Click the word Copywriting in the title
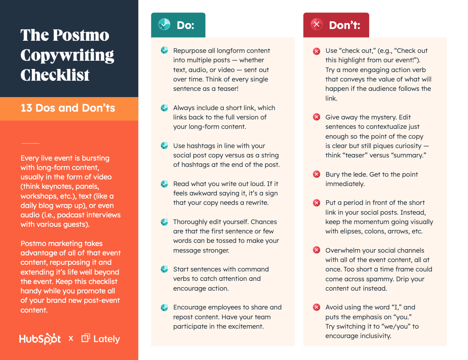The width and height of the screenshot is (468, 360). pyautogui.click(x=67, y=55)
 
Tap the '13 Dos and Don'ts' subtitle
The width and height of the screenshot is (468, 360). pyautogui.click(x=68, y=108)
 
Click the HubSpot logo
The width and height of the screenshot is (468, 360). pyautogui.click(x=40, y=339)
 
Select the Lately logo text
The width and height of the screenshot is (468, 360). pyautogui.click(x=106, y=339)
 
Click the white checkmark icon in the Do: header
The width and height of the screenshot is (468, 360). pyautogui.click(x=164, y=25)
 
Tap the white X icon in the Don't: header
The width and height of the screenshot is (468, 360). pyautogui.click(x=316, y=25)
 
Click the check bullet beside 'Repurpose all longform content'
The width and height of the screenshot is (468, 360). pyautogui.click(x=164, y=51)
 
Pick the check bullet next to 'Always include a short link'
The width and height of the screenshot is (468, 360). pyautogui.click(x=164, y=108)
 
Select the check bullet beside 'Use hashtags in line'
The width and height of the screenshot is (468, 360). pyautogui.click(x=164, y=146)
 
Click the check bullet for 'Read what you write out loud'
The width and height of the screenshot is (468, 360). pyautogui.click(x=164, y=184)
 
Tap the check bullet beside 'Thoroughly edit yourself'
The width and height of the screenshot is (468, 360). pyautogui.click(x=164, y=222)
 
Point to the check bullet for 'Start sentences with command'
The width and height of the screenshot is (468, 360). pyautogui.click(x=164, y=269)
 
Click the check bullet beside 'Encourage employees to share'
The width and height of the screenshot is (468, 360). pyautogui.click(x=164, y=307)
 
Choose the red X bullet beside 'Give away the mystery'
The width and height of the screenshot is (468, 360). pyautogui.click(x=316, y=117)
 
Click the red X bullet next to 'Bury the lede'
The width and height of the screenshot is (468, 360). pyautogui.click(x=316, y=174)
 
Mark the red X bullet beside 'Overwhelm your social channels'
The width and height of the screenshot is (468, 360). pyautogui.click(x=316, y=250)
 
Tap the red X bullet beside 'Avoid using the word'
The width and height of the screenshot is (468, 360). pyautogui.click(x=316, y=307)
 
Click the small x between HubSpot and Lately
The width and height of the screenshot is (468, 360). pyautogui.click(x=71, y=338)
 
